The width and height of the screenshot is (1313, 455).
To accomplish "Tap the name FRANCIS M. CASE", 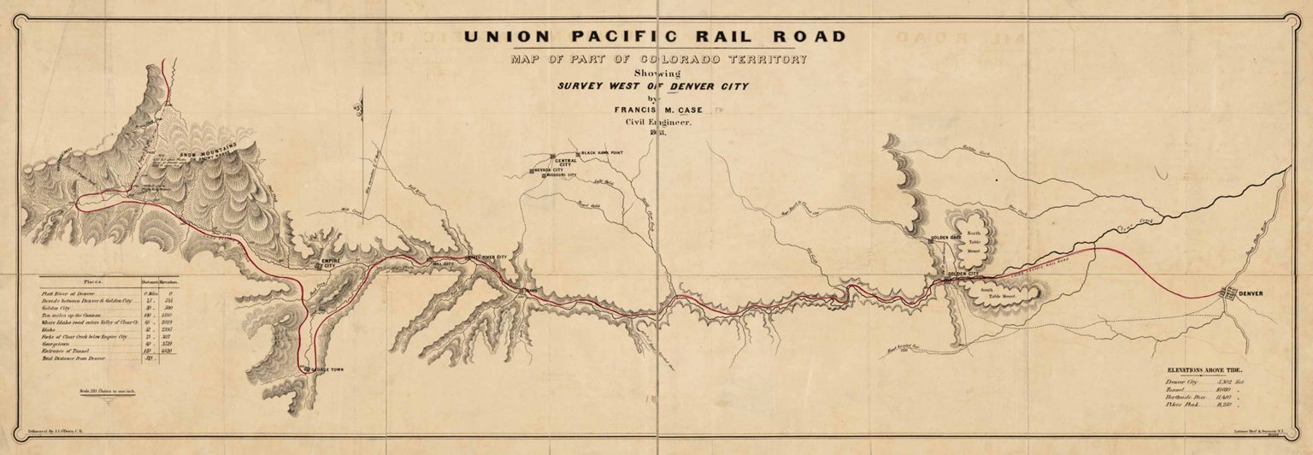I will pyautogui.click(x=655, y=109).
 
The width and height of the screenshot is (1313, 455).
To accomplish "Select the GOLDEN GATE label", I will pyautogui.click(x=946, y=235).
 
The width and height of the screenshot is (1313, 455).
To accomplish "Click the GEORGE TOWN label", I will pyautogui.click(x=328, y=370).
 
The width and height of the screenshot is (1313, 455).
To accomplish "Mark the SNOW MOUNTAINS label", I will pyautogui.click(x=202, y=157).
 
